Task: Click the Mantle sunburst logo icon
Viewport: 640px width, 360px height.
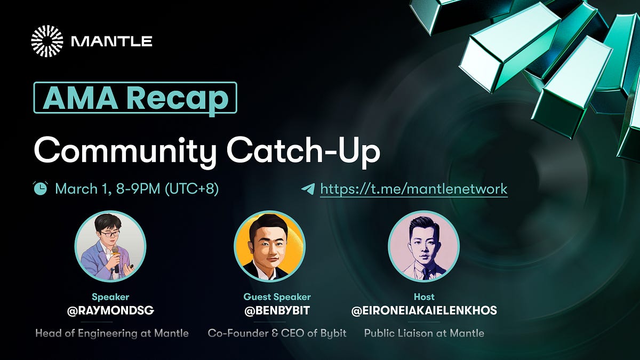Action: pyautogui.click(x=47, y=41)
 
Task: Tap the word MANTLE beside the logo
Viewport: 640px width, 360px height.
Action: pyautogui.click(x=111, y=41)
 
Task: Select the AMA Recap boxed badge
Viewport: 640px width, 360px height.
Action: pyautogui.click(x=135, y=97)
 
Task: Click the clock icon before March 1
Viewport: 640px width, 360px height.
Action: pyautogui.click(x=40, y=188)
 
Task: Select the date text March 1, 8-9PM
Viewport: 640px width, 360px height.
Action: pyautogui.click(x=136, y=189)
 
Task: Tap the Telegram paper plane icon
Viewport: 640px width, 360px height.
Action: pyautogui.click(x=308, y=189)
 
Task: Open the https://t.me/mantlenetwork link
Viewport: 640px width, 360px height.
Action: pyautogui.click(x=413, y=189)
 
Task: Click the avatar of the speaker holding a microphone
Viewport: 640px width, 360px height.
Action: pyautogui.click(x=110, y=246)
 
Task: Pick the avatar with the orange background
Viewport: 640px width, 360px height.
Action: pyautogui.click(x=269, y=246)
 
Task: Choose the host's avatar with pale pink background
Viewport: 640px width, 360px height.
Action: pyautogui.click(x=423, y=246)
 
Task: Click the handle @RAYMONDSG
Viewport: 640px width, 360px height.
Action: pyautogui.click(x=110, y=310)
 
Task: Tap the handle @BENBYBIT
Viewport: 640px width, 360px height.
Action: pyautogui.click(x=277, y=310)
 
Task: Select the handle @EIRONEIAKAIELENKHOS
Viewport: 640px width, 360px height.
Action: pyautogui.click(x=424, y=310)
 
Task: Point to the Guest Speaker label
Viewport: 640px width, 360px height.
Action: pyautogui.click(x=277, y=297)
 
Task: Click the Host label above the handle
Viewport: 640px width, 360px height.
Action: pyautogui.click(x=424, y=297)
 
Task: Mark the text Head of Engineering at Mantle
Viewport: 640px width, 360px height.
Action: pyautogui.click(x=112, y=333)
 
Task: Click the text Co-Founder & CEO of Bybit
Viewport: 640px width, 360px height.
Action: pyautogui.click(x=277, y=333)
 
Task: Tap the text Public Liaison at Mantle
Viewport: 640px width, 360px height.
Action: pyautogui.click(x=424, y=333)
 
